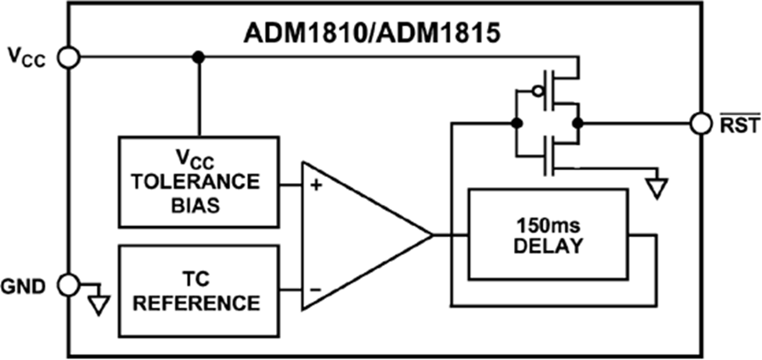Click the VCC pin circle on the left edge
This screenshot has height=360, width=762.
tap(69, 57)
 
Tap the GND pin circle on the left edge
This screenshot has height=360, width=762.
tap(69, 283)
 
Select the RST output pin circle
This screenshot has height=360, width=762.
tap(699, 124)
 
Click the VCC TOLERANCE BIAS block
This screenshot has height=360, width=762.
tap(199, 182)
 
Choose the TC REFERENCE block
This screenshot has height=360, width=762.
tap(199, 291)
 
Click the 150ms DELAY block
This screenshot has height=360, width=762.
tap(548, 234)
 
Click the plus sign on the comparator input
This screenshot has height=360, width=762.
tap(315, 185)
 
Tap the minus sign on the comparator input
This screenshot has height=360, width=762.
tap(315, 289)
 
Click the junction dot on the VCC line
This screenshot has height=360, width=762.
tap(199, 57)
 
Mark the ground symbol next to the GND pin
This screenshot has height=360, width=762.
tap(99, 302)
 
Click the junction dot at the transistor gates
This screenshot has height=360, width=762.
tap(516, 124)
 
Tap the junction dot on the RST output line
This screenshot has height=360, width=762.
tap(577, 124)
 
